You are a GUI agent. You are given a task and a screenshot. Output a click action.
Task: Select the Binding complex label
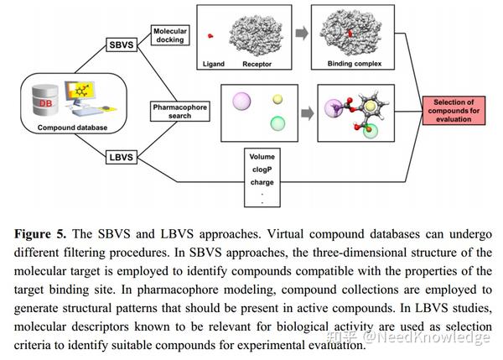pyautogui.click(x=353, y=64)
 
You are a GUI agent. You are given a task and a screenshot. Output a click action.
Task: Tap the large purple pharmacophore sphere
pyautogui.click(x=241, y=102)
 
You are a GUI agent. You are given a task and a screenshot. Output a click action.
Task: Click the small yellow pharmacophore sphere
pyautogui.click(x=277, y=99)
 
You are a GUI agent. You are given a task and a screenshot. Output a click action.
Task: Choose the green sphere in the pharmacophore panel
pyautogui.click(x=277, y=123)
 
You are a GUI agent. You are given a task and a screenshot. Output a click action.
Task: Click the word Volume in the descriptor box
pyautogui.click(x=262, y=156)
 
